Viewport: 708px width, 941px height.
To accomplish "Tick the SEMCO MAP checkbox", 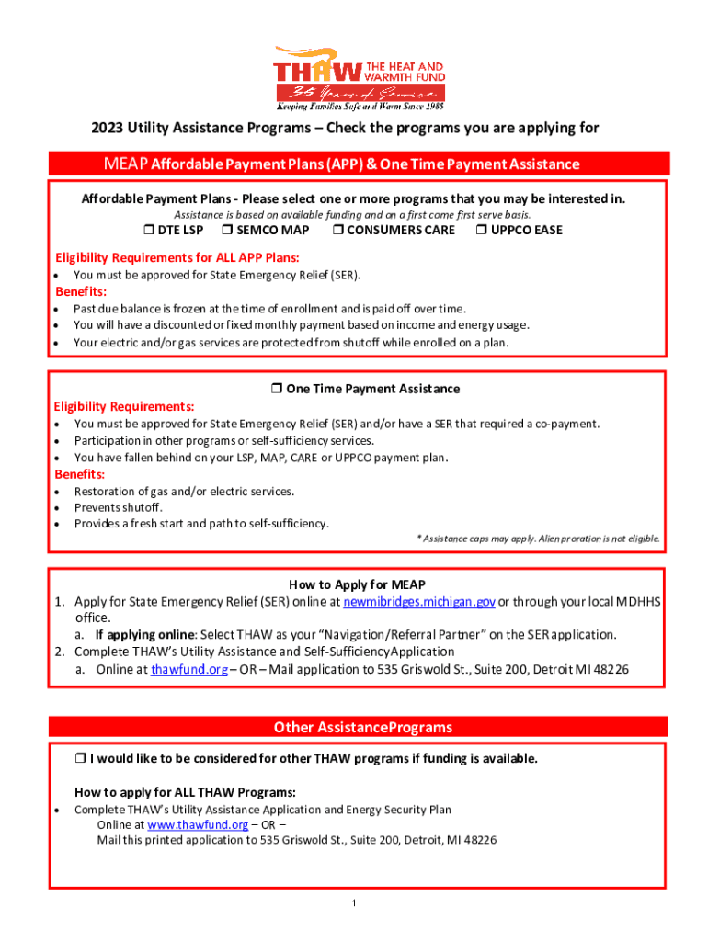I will pyautogui.click(x=229, y=230).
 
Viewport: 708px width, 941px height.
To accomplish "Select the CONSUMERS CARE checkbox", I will pyautogui.click(x=338, y=230).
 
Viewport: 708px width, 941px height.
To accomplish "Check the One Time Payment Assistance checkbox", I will pyautogui.click(x=277, y=389).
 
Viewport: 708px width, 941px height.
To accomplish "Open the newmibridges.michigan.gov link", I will pyautogui.click(x=419, y=601).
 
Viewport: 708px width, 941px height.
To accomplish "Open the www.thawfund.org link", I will pyautogui.click(x=198, y=824).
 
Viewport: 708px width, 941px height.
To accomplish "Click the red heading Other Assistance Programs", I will pyautogui.click(x=362, y=727).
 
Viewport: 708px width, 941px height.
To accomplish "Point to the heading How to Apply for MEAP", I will pyautogui.click(x=357, y=584).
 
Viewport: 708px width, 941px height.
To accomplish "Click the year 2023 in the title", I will pyautogui.click(x=107, y=129).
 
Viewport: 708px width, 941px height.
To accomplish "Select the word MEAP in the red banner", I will pyautogui.click(x=127, y=164).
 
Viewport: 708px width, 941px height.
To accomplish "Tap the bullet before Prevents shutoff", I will pyautogui.click(x=58, y=508).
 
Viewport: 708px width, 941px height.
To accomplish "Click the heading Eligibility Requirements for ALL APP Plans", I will pyautogui.click(x=177, y=257).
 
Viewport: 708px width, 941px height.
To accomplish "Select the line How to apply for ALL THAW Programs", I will pyautogui.click(x=185, y=792).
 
